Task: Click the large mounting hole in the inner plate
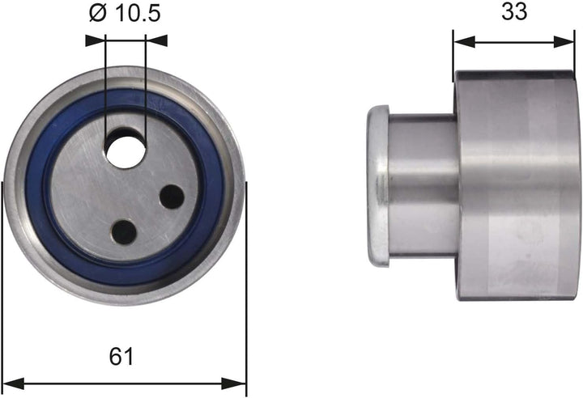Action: point(126,149)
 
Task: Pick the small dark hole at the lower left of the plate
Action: point(124,232)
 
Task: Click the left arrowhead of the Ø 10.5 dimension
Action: point(91,38)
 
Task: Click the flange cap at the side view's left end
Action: point(377,186)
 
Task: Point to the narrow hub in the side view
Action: point(421,186)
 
